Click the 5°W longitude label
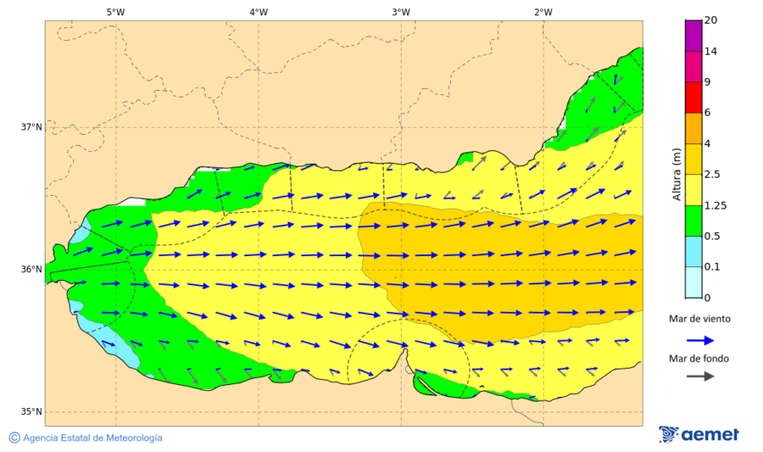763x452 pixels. (x=115, y=12)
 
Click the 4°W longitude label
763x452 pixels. (x=259, y=12)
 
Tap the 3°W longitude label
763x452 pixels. (x=401, y=12)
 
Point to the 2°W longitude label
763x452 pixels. (x=543, y=12)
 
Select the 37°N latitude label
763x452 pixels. (x=31, y=127)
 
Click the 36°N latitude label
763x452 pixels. (x=31, y=270)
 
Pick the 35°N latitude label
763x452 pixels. (x=31, y=412)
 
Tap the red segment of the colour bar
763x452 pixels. (x=693, y=98)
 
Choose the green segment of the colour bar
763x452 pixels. (x=693, y=220)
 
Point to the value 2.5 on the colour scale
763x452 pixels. (x=713, y=175)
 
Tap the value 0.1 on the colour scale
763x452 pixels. (x=713, y=267)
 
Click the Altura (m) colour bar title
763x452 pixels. (x=677, y=174)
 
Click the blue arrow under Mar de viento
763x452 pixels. (x=699, y=340)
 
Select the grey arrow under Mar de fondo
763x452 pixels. (x=699, y=377)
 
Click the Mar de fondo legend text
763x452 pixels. (x=699, y=359)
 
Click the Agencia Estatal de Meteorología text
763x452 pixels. (x=92, y=438)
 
